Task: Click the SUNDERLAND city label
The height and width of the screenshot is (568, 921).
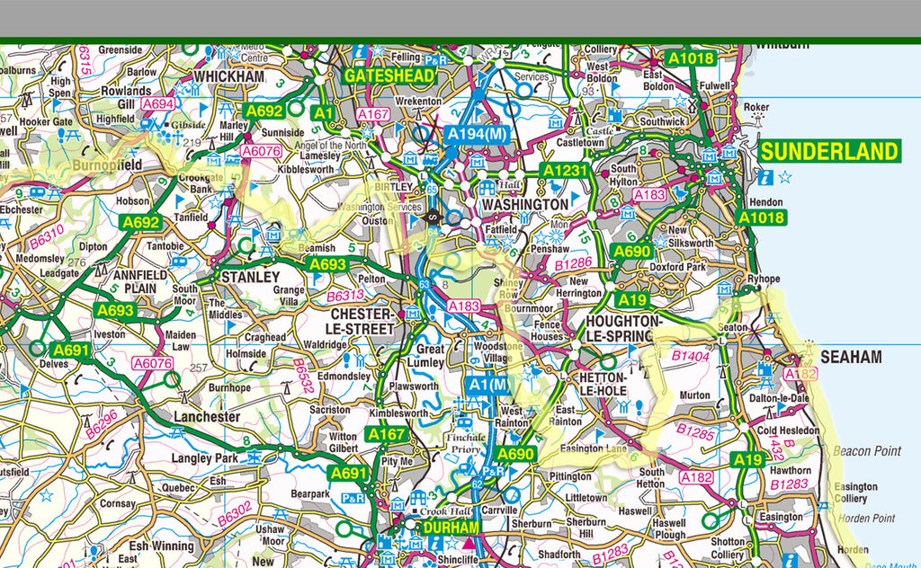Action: (x=828, y=151)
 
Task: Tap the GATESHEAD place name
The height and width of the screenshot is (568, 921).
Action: (x=389, y=76)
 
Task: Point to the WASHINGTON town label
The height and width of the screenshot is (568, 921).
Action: (x=525, y=205)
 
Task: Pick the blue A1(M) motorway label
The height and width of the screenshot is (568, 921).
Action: (x=488, y=385)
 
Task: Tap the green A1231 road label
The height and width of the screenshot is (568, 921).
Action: (x=564, y=170)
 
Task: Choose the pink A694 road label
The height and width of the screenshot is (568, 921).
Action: (x=158, y=104)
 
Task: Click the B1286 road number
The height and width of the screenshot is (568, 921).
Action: (x=572, y=264)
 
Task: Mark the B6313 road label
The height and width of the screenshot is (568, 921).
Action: (x=344, y=296)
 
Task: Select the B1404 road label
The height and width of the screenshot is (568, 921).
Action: (x=690, y=357)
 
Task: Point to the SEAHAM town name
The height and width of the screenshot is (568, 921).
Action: (x=851, y=357)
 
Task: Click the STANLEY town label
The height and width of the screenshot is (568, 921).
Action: (x=250, y=277)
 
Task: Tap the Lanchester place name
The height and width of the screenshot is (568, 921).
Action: (x=207, y=417)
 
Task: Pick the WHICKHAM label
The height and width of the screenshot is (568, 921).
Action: (x=229, y=77)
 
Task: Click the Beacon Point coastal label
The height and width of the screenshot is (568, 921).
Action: (x=867, y=451)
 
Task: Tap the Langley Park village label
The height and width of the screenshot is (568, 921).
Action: (x=205, y=458)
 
